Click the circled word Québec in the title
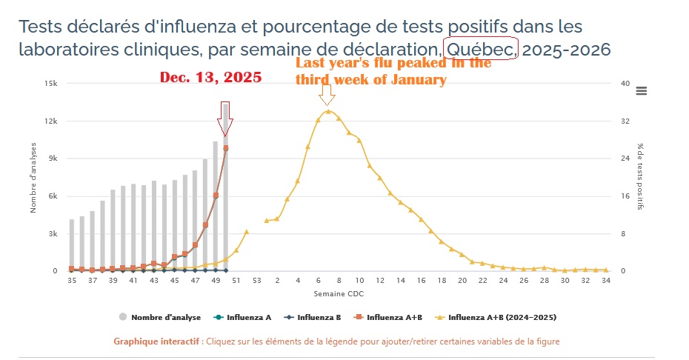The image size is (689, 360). click(x=480, y=50)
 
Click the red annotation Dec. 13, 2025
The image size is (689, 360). click(x=211, y=78)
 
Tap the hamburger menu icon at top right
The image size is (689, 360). click(x=642, y=90)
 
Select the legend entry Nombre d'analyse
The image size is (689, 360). click(x=160, y=317)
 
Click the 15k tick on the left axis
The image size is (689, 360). click(x=50, y=84)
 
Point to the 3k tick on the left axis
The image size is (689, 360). click(x=53, y=233)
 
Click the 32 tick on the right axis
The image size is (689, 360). click(x=624, y=121)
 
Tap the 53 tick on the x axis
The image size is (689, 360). click(x=256, y=281)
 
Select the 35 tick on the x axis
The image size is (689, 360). click(x=72, y=281)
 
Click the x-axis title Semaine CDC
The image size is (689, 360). click(x=339, y=295)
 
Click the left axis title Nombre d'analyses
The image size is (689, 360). click(x=33, y=178)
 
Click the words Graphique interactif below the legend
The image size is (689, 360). click(x=155, y=341)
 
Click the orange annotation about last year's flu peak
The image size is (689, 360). click(x=393, y=71)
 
